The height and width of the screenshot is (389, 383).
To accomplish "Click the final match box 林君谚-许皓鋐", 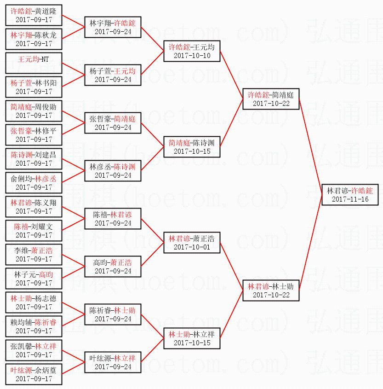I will [350, 195].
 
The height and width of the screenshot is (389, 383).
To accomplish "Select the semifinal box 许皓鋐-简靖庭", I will [271, 99].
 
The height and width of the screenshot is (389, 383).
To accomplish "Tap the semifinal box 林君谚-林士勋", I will [271, 290].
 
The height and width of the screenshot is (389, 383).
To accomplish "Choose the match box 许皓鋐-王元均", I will [192, 51].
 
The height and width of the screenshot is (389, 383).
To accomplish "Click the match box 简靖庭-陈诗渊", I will [192, 147].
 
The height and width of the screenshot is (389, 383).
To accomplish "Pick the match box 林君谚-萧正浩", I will [192, 243].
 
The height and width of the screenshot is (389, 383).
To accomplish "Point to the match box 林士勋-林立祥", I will [192, 338].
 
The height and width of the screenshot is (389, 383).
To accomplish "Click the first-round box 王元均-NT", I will [34, 64].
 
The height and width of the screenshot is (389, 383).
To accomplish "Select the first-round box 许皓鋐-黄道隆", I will [34, 15].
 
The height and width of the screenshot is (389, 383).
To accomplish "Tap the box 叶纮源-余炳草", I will [34, 374].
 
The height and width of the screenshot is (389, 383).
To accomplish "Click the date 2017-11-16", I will [350, 200].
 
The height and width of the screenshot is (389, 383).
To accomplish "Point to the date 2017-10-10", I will [192, 56].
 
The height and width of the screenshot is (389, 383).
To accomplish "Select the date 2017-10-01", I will [192, 247].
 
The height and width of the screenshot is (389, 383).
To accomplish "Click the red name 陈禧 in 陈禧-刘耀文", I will [21, 226].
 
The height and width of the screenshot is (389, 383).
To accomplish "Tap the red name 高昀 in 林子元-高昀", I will [46, 274].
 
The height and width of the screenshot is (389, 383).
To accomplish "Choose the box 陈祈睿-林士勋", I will [113, 314].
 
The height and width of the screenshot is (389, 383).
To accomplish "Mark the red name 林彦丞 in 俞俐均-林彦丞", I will [46, 179].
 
